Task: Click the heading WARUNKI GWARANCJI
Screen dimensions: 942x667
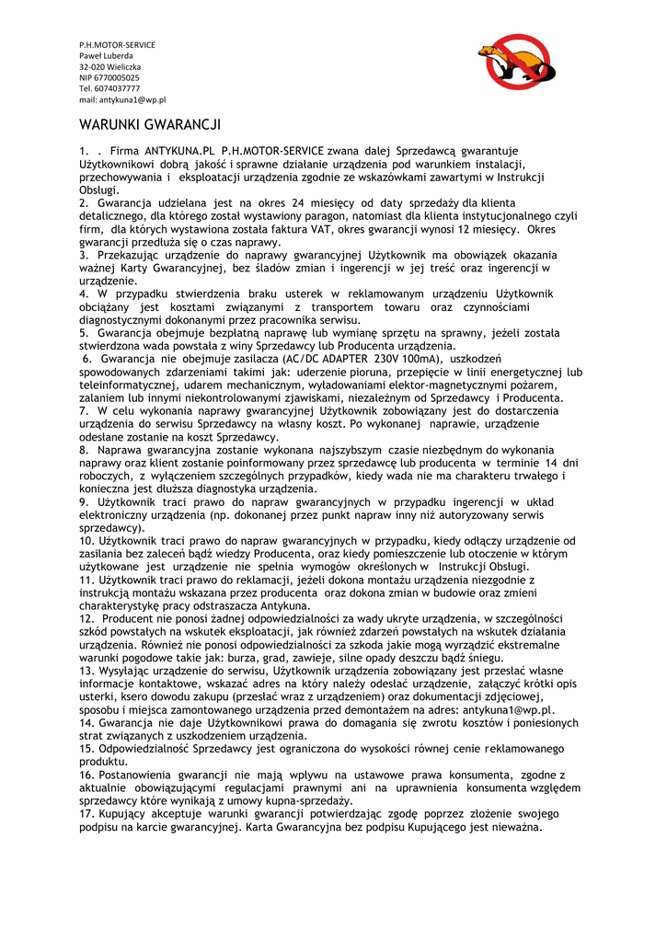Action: [x=150, y=123]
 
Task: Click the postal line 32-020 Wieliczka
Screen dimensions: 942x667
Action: [x=109, y=67]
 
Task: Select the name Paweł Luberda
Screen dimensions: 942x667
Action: [x=106, y=56]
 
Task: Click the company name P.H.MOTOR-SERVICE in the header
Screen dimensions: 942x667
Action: [x=117, y=45]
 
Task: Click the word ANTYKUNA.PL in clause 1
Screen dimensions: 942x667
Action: [x=178, y=150]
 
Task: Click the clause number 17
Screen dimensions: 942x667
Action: [x=86, y=814]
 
